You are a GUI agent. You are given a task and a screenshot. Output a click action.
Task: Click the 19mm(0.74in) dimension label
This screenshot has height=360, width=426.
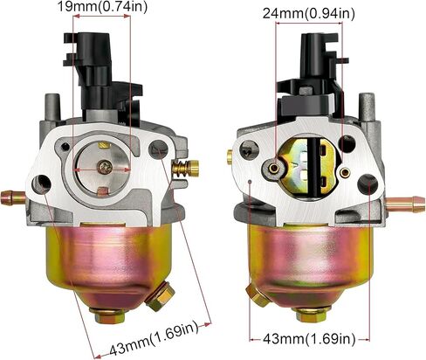102,6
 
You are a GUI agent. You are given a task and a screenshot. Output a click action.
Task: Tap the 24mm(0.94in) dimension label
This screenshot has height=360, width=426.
309,14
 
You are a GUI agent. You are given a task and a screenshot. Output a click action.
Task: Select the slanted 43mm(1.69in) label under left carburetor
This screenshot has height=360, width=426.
154,338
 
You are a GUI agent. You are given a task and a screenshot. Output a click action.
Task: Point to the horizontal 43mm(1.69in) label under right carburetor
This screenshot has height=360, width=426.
309,339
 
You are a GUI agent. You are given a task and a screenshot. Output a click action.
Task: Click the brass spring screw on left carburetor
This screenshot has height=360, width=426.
186,169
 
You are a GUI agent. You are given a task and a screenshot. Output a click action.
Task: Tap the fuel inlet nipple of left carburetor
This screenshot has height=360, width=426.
13,197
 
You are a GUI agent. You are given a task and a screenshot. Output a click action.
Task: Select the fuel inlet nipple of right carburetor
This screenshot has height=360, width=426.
405,204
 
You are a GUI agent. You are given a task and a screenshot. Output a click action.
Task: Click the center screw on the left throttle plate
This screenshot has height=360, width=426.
105,168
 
